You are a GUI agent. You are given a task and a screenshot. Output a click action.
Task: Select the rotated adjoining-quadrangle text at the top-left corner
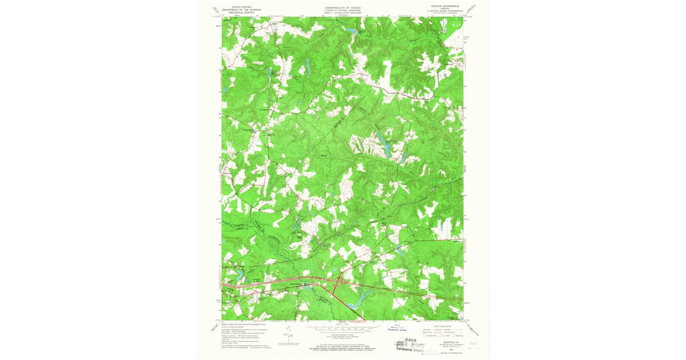point(216,9)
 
